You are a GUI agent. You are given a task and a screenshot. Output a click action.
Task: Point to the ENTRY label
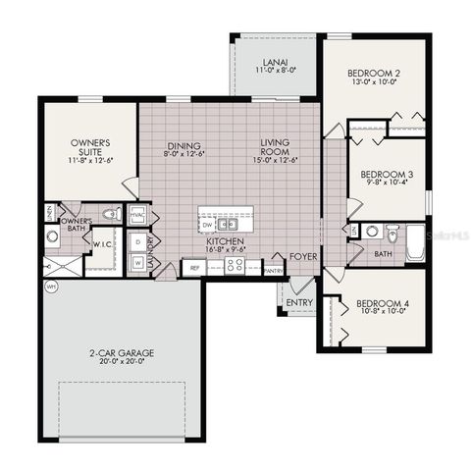[298, 303]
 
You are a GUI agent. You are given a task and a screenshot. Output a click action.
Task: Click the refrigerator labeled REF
[194, 267]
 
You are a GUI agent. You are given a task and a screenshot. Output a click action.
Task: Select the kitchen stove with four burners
[235, 265]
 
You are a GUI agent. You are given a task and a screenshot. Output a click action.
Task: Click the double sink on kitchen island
[229, 223]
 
